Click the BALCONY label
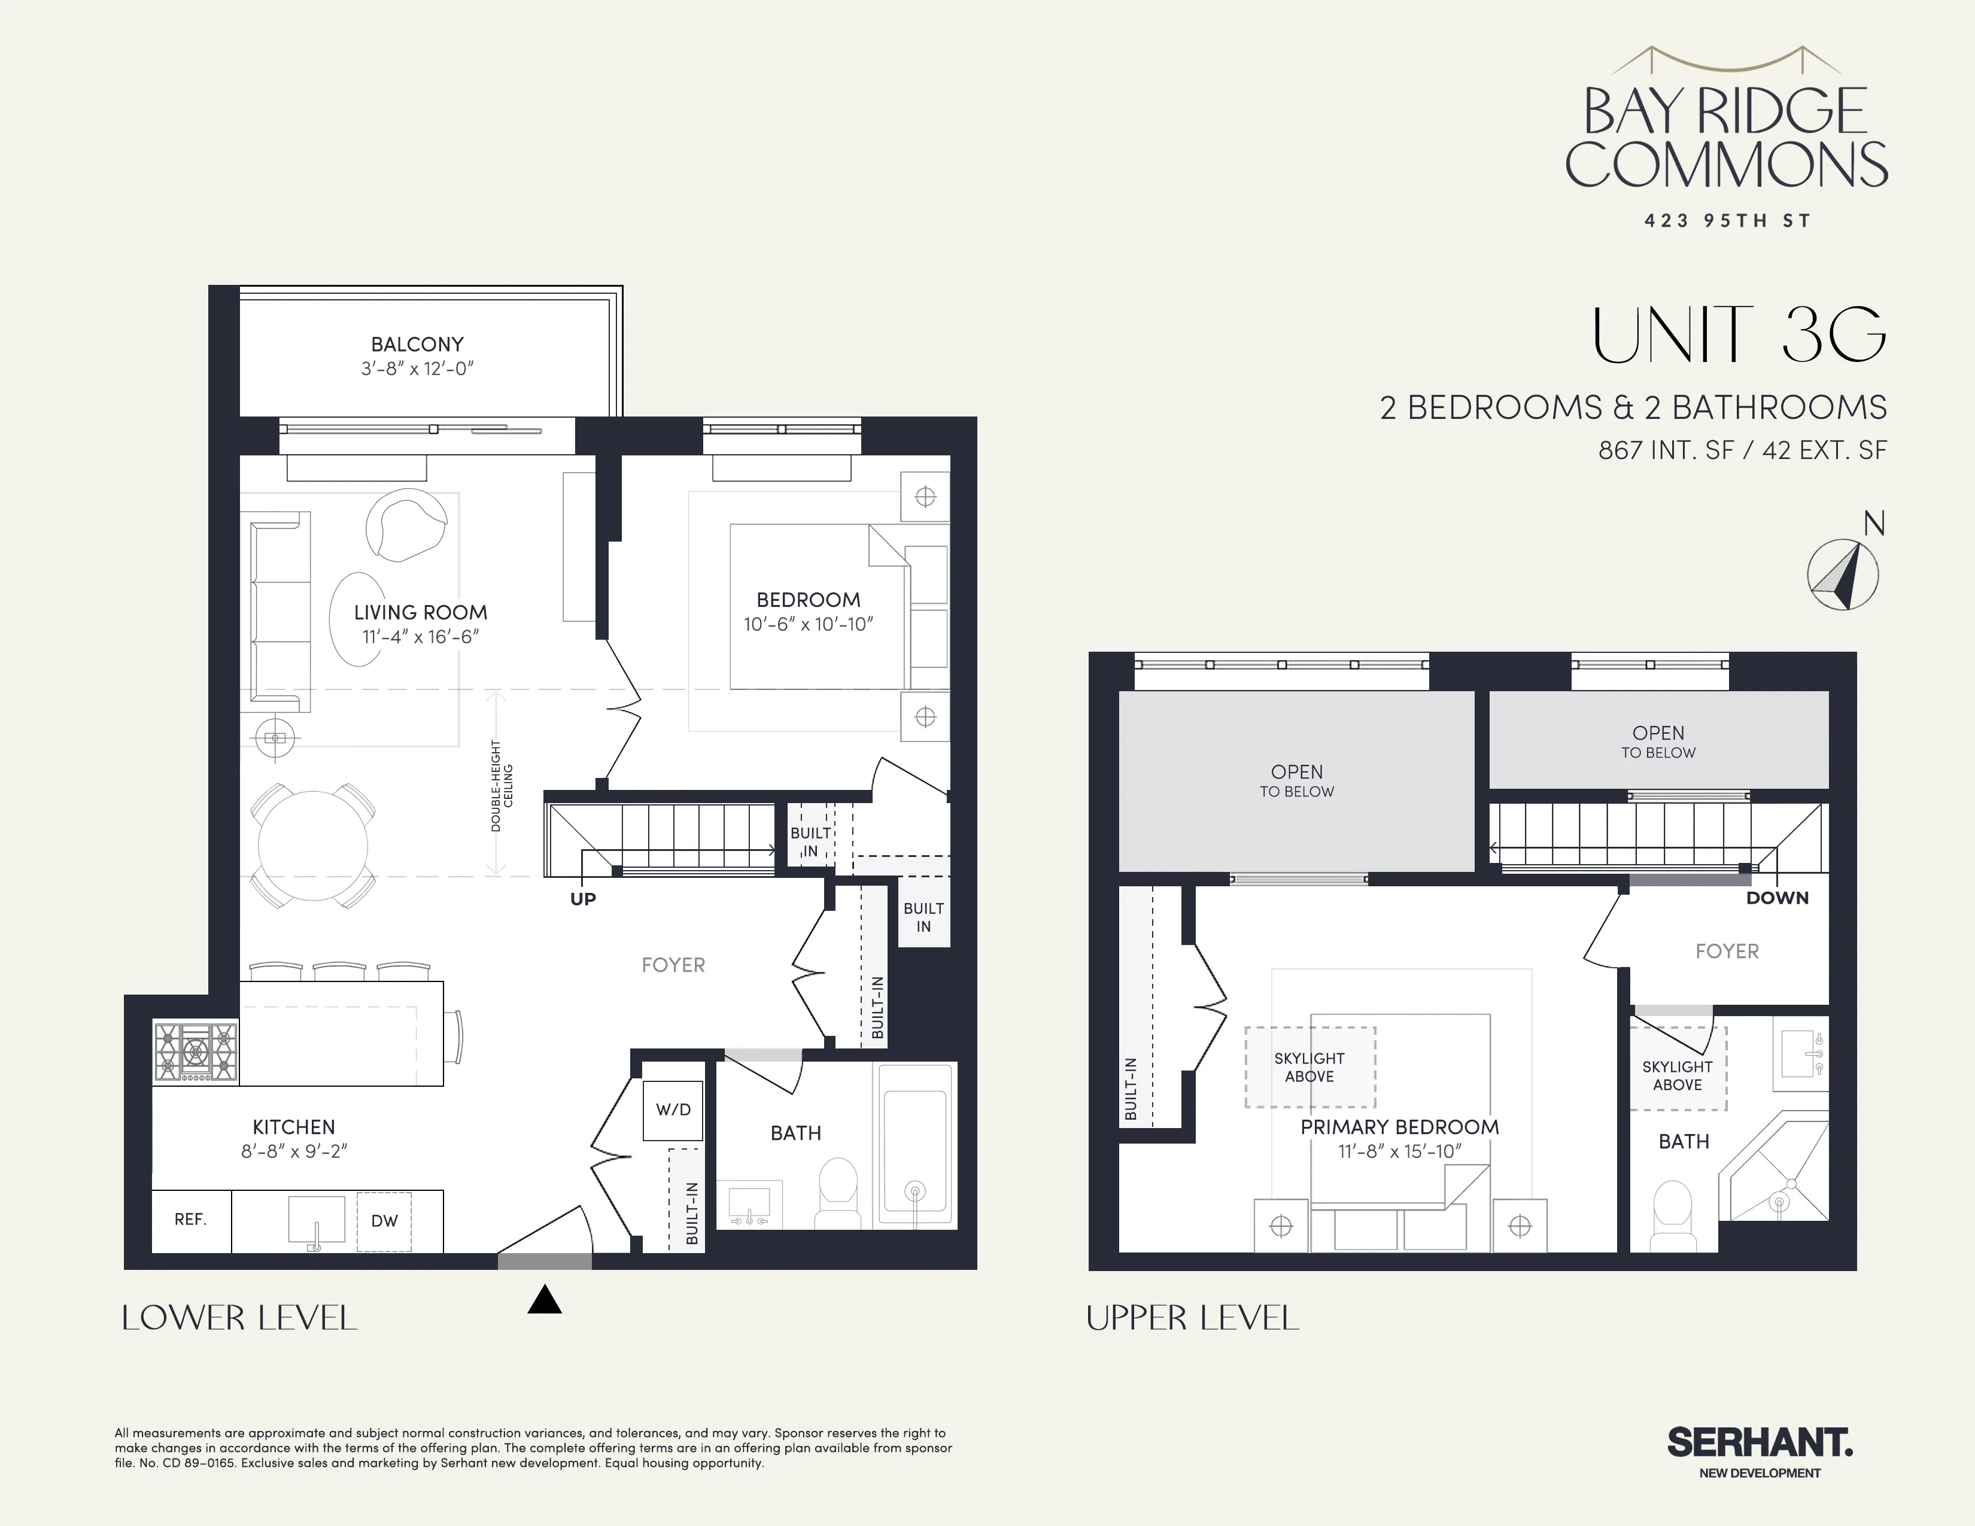coord(417,345)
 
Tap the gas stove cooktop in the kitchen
coord(195,1051)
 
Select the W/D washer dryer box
coord(673,1109)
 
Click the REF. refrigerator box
coord(191,1220)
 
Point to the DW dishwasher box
coord(384,1221)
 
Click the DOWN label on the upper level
coord(1777,898)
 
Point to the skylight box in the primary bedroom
coord(1309,1067)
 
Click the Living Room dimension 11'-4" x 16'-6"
coord(421,637)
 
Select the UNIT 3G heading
coord(1738,335)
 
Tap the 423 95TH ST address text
coord(1727,221)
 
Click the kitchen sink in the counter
coord(317,1220)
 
